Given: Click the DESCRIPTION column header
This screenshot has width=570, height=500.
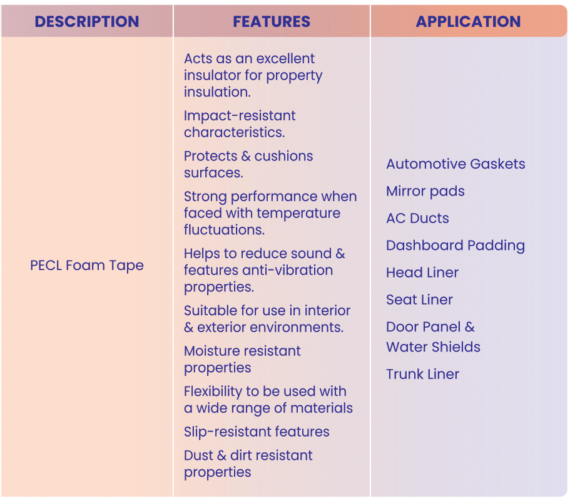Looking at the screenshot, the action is point(87,21).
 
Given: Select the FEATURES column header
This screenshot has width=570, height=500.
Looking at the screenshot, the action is point(272,21).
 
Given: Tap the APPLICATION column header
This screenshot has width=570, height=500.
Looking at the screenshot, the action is point(468,21).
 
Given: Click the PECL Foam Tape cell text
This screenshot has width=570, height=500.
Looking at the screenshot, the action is point(87,266).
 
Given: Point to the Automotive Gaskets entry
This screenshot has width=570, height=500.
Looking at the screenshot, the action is point(455,164).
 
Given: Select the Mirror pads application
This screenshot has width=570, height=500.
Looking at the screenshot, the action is point(425,191).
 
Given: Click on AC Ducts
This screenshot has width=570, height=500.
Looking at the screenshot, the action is point(418,218).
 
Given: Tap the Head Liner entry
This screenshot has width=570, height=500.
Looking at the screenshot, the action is point(422,273).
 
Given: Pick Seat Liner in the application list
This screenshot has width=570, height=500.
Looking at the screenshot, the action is point(419,300).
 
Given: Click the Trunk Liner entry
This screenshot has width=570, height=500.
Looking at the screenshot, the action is point(423,374).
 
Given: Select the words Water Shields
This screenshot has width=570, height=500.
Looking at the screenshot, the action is point(434,347).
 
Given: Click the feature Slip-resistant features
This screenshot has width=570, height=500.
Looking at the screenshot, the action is point(257,432).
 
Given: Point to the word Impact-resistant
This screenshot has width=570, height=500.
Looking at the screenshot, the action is point(240,116).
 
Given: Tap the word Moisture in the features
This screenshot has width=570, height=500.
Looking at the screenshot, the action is point(212,351).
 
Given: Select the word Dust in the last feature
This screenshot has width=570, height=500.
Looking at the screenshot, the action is point(198,456).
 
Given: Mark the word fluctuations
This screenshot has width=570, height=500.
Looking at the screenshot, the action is point(224,230).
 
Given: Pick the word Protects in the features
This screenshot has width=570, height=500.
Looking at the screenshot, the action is point(210,156).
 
